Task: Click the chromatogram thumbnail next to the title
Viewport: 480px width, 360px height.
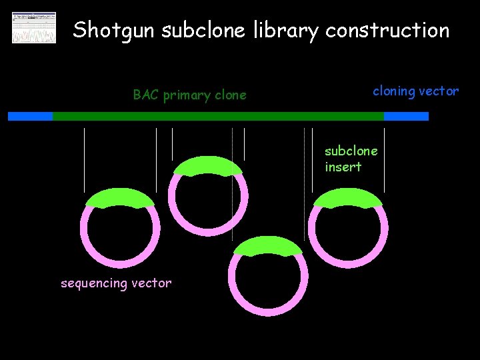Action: pos(34,27)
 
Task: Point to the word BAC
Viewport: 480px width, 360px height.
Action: pos(145,95)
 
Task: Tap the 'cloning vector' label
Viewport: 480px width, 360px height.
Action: pos(415,91)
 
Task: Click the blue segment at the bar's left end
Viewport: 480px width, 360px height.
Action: pos(30,116)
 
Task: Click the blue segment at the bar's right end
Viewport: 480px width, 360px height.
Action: pos(406,116)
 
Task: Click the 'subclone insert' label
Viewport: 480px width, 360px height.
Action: pos(351,159)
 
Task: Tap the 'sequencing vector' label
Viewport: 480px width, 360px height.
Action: pos(116,283)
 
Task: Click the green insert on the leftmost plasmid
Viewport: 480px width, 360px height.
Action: pos(120,198)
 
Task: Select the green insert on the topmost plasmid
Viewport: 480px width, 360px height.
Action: pos(207,165)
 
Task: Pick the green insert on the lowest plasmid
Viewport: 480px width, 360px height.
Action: pos(267,246)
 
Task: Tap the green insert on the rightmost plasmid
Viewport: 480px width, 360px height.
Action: pos(347,198)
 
